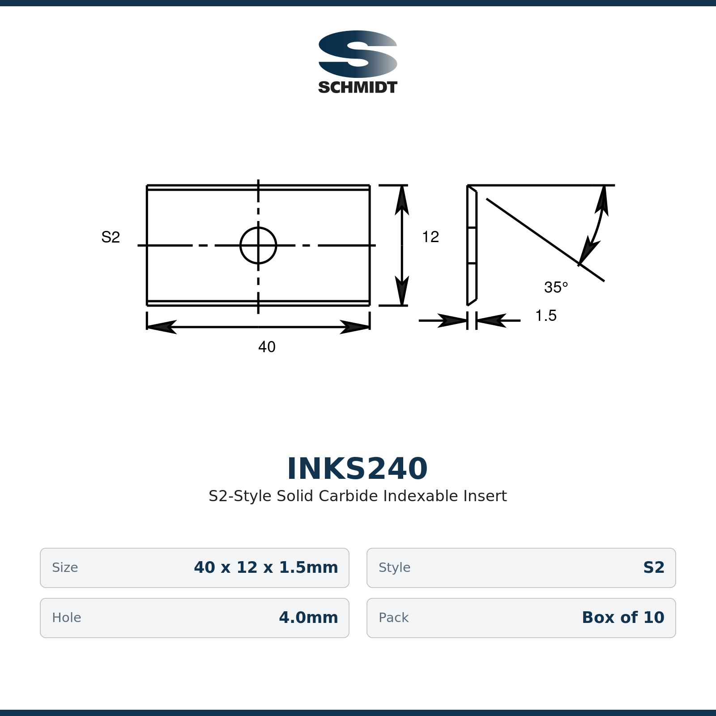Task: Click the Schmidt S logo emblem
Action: click(358, 54)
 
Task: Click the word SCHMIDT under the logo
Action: click(358, 87)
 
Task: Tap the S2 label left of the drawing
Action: click(111, 237)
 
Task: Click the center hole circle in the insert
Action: click(258, 228)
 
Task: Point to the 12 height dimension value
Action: click(430, 237)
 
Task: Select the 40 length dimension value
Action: click(267, 347)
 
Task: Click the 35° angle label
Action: click(556, 287)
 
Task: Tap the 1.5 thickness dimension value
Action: click(546, 315)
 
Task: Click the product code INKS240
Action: click(358, 469)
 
